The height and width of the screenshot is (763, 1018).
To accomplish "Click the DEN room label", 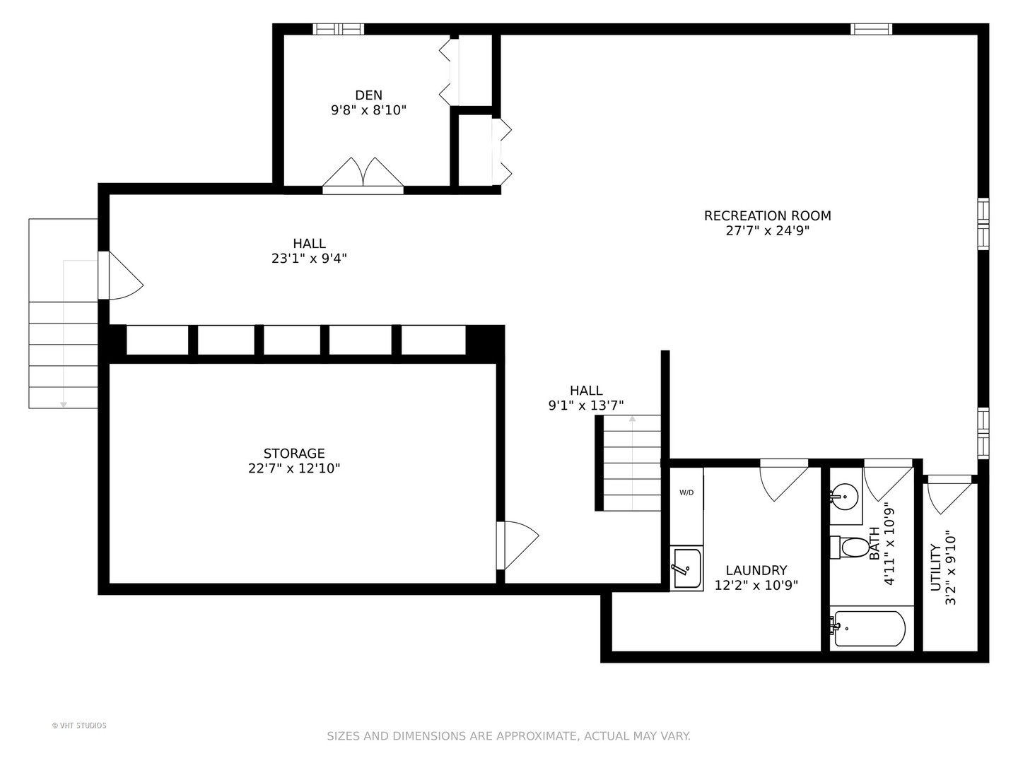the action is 369,95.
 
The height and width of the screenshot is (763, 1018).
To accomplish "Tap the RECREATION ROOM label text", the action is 767,216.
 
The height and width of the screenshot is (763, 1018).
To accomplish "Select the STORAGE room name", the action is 294,453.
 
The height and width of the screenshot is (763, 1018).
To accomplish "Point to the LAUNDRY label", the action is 756,570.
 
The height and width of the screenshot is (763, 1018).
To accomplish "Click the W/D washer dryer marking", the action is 686,492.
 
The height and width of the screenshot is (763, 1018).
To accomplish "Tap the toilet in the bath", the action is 850,547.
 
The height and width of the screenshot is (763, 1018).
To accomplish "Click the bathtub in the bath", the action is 867,629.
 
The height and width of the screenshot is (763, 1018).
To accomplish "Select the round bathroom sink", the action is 844,497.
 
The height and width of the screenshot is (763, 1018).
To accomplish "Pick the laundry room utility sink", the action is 686,567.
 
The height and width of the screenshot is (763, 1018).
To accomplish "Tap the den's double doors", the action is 363,176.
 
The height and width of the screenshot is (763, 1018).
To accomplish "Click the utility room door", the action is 949,495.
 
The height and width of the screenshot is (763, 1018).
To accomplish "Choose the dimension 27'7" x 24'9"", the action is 767,231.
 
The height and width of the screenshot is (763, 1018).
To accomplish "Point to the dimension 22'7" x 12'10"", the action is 294,468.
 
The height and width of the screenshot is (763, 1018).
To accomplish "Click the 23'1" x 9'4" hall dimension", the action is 309,259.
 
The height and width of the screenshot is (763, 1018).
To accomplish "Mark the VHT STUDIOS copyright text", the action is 79,726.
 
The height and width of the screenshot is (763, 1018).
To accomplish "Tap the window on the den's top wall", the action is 338,29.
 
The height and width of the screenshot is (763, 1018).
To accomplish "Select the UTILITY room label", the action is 935,568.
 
